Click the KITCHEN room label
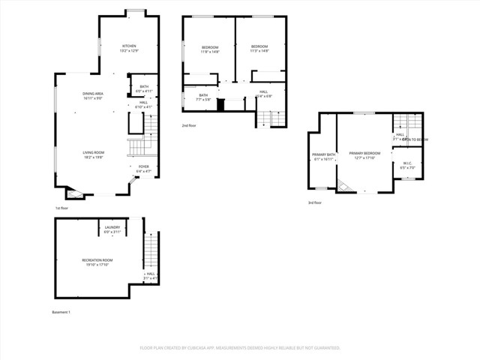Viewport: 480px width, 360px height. point(130,46)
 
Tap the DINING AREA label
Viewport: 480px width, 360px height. point(94,94)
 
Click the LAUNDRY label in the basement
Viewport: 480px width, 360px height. point(112,227)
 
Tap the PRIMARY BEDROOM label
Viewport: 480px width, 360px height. point(364,153)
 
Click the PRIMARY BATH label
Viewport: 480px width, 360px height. point(324,153)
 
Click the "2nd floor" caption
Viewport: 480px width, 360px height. point(190,125)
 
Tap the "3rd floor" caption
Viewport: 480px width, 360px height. point(316,202)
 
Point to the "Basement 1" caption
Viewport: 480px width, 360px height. point(61,311)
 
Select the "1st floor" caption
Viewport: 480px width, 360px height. point(62,208)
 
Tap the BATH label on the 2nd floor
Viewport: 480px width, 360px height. point(203,95)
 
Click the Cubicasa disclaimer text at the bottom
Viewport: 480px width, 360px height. point(240,348)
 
